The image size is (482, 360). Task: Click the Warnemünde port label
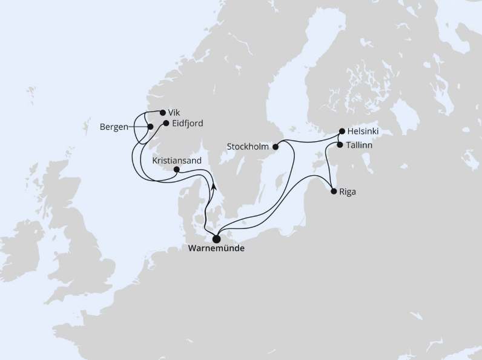[x=216, y=248]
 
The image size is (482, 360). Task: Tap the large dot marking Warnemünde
[x=216, y=238]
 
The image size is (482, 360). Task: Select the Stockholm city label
[x=248, y=146]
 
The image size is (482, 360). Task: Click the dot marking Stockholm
[x=276, y=146]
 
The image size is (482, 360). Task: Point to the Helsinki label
[x=363, y=131]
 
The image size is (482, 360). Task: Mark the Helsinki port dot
[x=342, y=131]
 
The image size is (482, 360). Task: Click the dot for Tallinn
[x=340, y=145]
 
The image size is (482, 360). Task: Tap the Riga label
[x=348, y=192]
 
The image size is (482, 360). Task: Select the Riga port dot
[x=334, y=192]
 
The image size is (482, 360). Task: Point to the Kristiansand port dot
[x=176, y=170]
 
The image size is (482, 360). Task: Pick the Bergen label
[x=114, y=127]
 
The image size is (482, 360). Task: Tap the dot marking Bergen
[x=150, y=127]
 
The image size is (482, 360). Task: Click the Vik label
[x=174, y=112]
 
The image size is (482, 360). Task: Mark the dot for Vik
[x=163, y=112]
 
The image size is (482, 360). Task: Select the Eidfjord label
[x=187, y=123]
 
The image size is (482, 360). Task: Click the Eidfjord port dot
[x=165, y=123]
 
